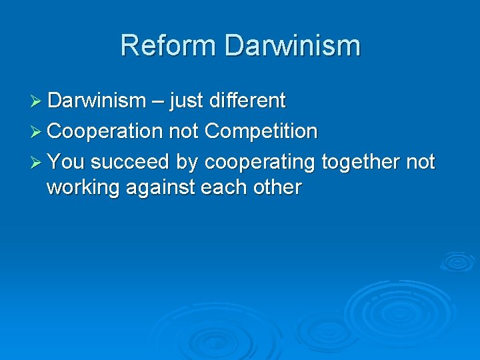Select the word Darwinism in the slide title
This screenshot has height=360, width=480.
[293, 46]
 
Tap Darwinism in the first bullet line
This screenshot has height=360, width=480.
[97, 101]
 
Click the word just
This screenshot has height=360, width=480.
[187, 101]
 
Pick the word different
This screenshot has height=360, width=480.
[247, 101]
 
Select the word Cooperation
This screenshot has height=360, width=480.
[105, 131]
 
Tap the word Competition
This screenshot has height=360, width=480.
[261, 131]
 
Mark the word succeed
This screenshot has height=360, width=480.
[130, 161]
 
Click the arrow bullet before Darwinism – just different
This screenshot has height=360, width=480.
[37, 101]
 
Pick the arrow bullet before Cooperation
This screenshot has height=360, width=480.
[37, 131]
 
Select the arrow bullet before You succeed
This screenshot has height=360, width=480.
[37, 161]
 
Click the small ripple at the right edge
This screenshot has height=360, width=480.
[457, 261]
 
